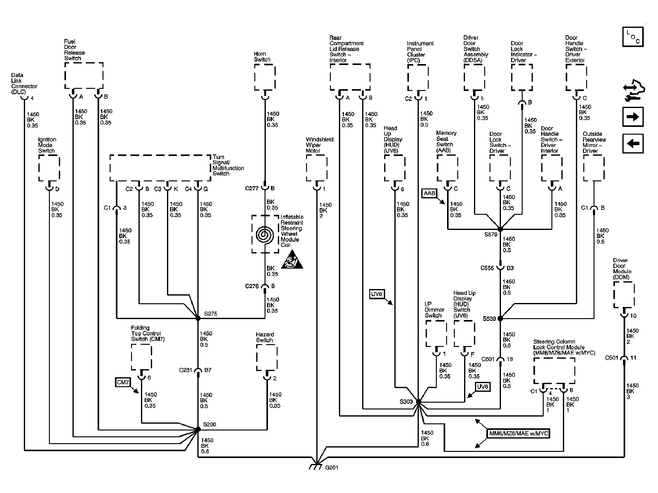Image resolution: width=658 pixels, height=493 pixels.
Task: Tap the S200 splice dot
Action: coord(198,429)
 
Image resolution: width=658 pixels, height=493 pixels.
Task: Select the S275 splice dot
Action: coord(198,318)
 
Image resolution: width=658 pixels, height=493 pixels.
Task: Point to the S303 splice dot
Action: coord(419,402)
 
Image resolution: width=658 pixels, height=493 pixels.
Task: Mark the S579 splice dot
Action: coord(500,229)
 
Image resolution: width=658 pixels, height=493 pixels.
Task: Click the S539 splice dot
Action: coord(500,318)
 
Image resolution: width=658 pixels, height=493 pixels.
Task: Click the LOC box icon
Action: coord(633,37)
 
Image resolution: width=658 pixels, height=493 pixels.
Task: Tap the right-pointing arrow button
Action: coord(633,117)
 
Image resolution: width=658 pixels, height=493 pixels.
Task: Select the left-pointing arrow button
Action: coord(633,144)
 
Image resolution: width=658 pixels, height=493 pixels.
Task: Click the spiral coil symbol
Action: coord(265,234)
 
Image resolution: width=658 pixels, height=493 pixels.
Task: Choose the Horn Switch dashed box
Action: coord(265,77)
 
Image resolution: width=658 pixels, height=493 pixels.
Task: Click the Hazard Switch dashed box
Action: coord(267,358)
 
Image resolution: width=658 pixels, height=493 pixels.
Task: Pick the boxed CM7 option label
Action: coord(123,382)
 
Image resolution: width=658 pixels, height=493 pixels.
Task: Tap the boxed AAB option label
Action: coord(429,193)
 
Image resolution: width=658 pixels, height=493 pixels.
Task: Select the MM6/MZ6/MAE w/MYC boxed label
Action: coord(518,434)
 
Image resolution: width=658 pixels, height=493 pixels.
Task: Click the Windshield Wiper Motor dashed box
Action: coord(317,168)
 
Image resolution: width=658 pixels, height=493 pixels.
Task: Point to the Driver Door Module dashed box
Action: coord(624,295)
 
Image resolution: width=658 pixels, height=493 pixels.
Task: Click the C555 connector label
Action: coord(487,268)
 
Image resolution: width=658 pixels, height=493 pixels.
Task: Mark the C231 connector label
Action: coord(186,370)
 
